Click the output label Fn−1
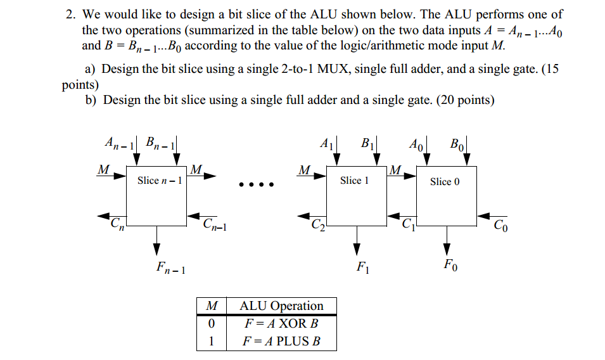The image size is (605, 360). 170,268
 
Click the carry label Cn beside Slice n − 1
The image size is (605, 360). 117,223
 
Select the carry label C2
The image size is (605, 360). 317,223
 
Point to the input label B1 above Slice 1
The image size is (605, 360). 368,143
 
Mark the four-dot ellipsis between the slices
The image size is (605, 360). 255,186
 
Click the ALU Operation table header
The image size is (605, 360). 281,306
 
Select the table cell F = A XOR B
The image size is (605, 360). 281,323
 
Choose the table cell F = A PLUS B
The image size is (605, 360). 281,341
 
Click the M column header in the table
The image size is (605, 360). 212,306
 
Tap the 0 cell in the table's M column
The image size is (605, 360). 212,323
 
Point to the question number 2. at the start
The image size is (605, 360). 71,14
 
